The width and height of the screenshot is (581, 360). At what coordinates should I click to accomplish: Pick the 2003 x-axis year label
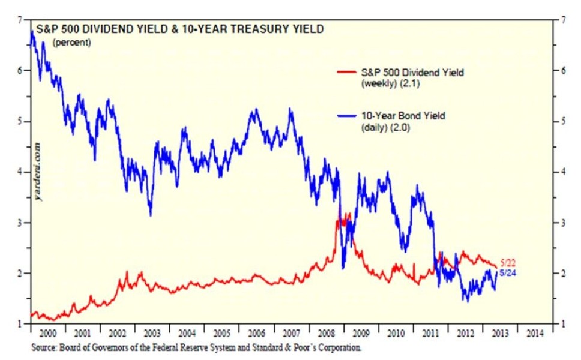(x=151, y=334)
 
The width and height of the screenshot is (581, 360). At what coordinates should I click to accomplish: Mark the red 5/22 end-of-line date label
(x=508, y=263)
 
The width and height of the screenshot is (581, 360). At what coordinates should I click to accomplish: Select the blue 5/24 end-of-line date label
(x=508, y=273)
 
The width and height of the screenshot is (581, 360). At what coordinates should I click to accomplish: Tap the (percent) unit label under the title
(x=72, y=43)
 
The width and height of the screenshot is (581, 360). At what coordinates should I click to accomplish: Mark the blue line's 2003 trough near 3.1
(x=150, y=215)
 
